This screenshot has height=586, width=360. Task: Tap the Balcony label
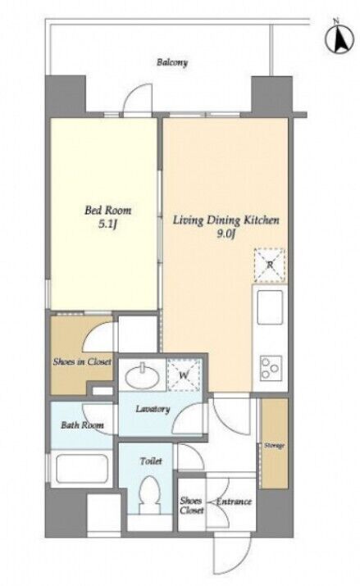[x=171, y=62]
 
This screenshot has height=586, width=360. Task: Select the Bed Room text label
[x=107, y=210]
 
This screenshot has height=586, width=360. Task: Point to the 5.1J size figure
[x=107, y=225]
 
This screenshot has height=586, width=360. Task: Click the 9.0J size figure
[x=226, y=234]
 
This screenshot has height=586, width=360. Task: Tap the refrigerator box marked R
[x=269, y=265]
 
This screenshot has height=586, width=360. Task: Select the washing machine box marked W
[x=184, y=375]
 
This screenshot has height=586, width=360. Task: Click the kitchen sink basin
[x=269, y=307]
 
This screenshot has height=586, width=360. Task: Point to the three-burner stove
[x=271, y=368]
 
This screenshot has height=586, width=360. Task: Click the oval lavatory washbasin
[x=142, y=377]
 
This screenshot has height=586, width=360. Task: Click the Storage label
[x=275, y=446]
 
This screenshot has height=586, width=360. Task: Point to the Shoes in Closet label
[x=82, y=361]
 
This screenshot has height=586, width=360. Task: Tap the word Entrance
[x=234, y=502]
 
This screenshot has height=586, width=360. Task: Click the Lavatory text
[x=153, y=409]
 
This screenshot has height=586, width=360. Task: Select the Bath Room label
[x=82, y=425]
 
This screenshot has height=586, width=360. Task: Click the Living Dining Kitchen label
[x=226, y=220]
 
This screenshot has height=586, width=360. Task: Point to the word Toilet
[x=151, y=461]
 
